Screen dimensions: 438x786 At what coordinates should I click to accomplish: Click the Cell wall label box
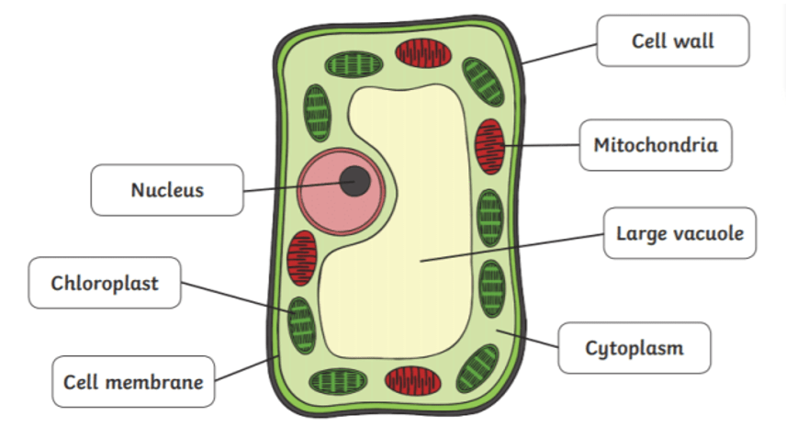coord(672,40)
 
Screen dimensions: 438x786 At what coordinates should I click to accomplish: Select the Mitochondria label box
coord(655,145)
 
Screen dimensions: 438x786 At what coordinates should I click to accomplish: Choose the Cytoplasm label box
coord(634,348)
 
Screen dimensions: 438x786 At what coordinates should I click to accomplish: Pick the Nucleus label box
coord(166,190)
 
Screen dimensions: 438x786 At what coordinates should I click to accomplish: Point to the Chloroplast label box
coord(104,282)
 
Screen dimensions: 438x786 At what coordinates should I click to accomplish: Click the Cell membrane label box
coord(133,380)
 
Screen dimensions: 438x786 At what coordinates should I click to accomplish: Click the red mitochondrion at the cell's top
coord(423,53)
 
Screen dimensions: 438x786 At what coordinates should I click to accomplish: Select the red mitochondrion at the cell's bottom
coord(412,379)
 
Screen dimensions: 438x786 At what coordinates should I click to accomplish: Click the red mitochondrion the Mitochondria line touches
coord(489,144)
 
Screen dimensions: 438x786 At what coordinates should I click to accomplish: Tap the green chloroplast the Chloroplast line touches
coord(301,325)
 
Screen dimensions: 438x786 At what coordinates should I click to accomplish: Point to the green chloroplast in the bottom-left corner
coord(335,380)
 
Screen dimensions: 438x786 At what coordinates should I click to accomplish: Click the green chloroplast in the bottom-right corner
coord(477,368)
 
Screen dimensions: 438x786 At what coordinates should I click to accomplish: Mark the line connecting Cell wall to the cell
coord(561,51)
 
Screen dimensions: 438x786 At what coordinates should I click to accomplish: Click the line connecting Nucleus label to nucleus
coord(294,186)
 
